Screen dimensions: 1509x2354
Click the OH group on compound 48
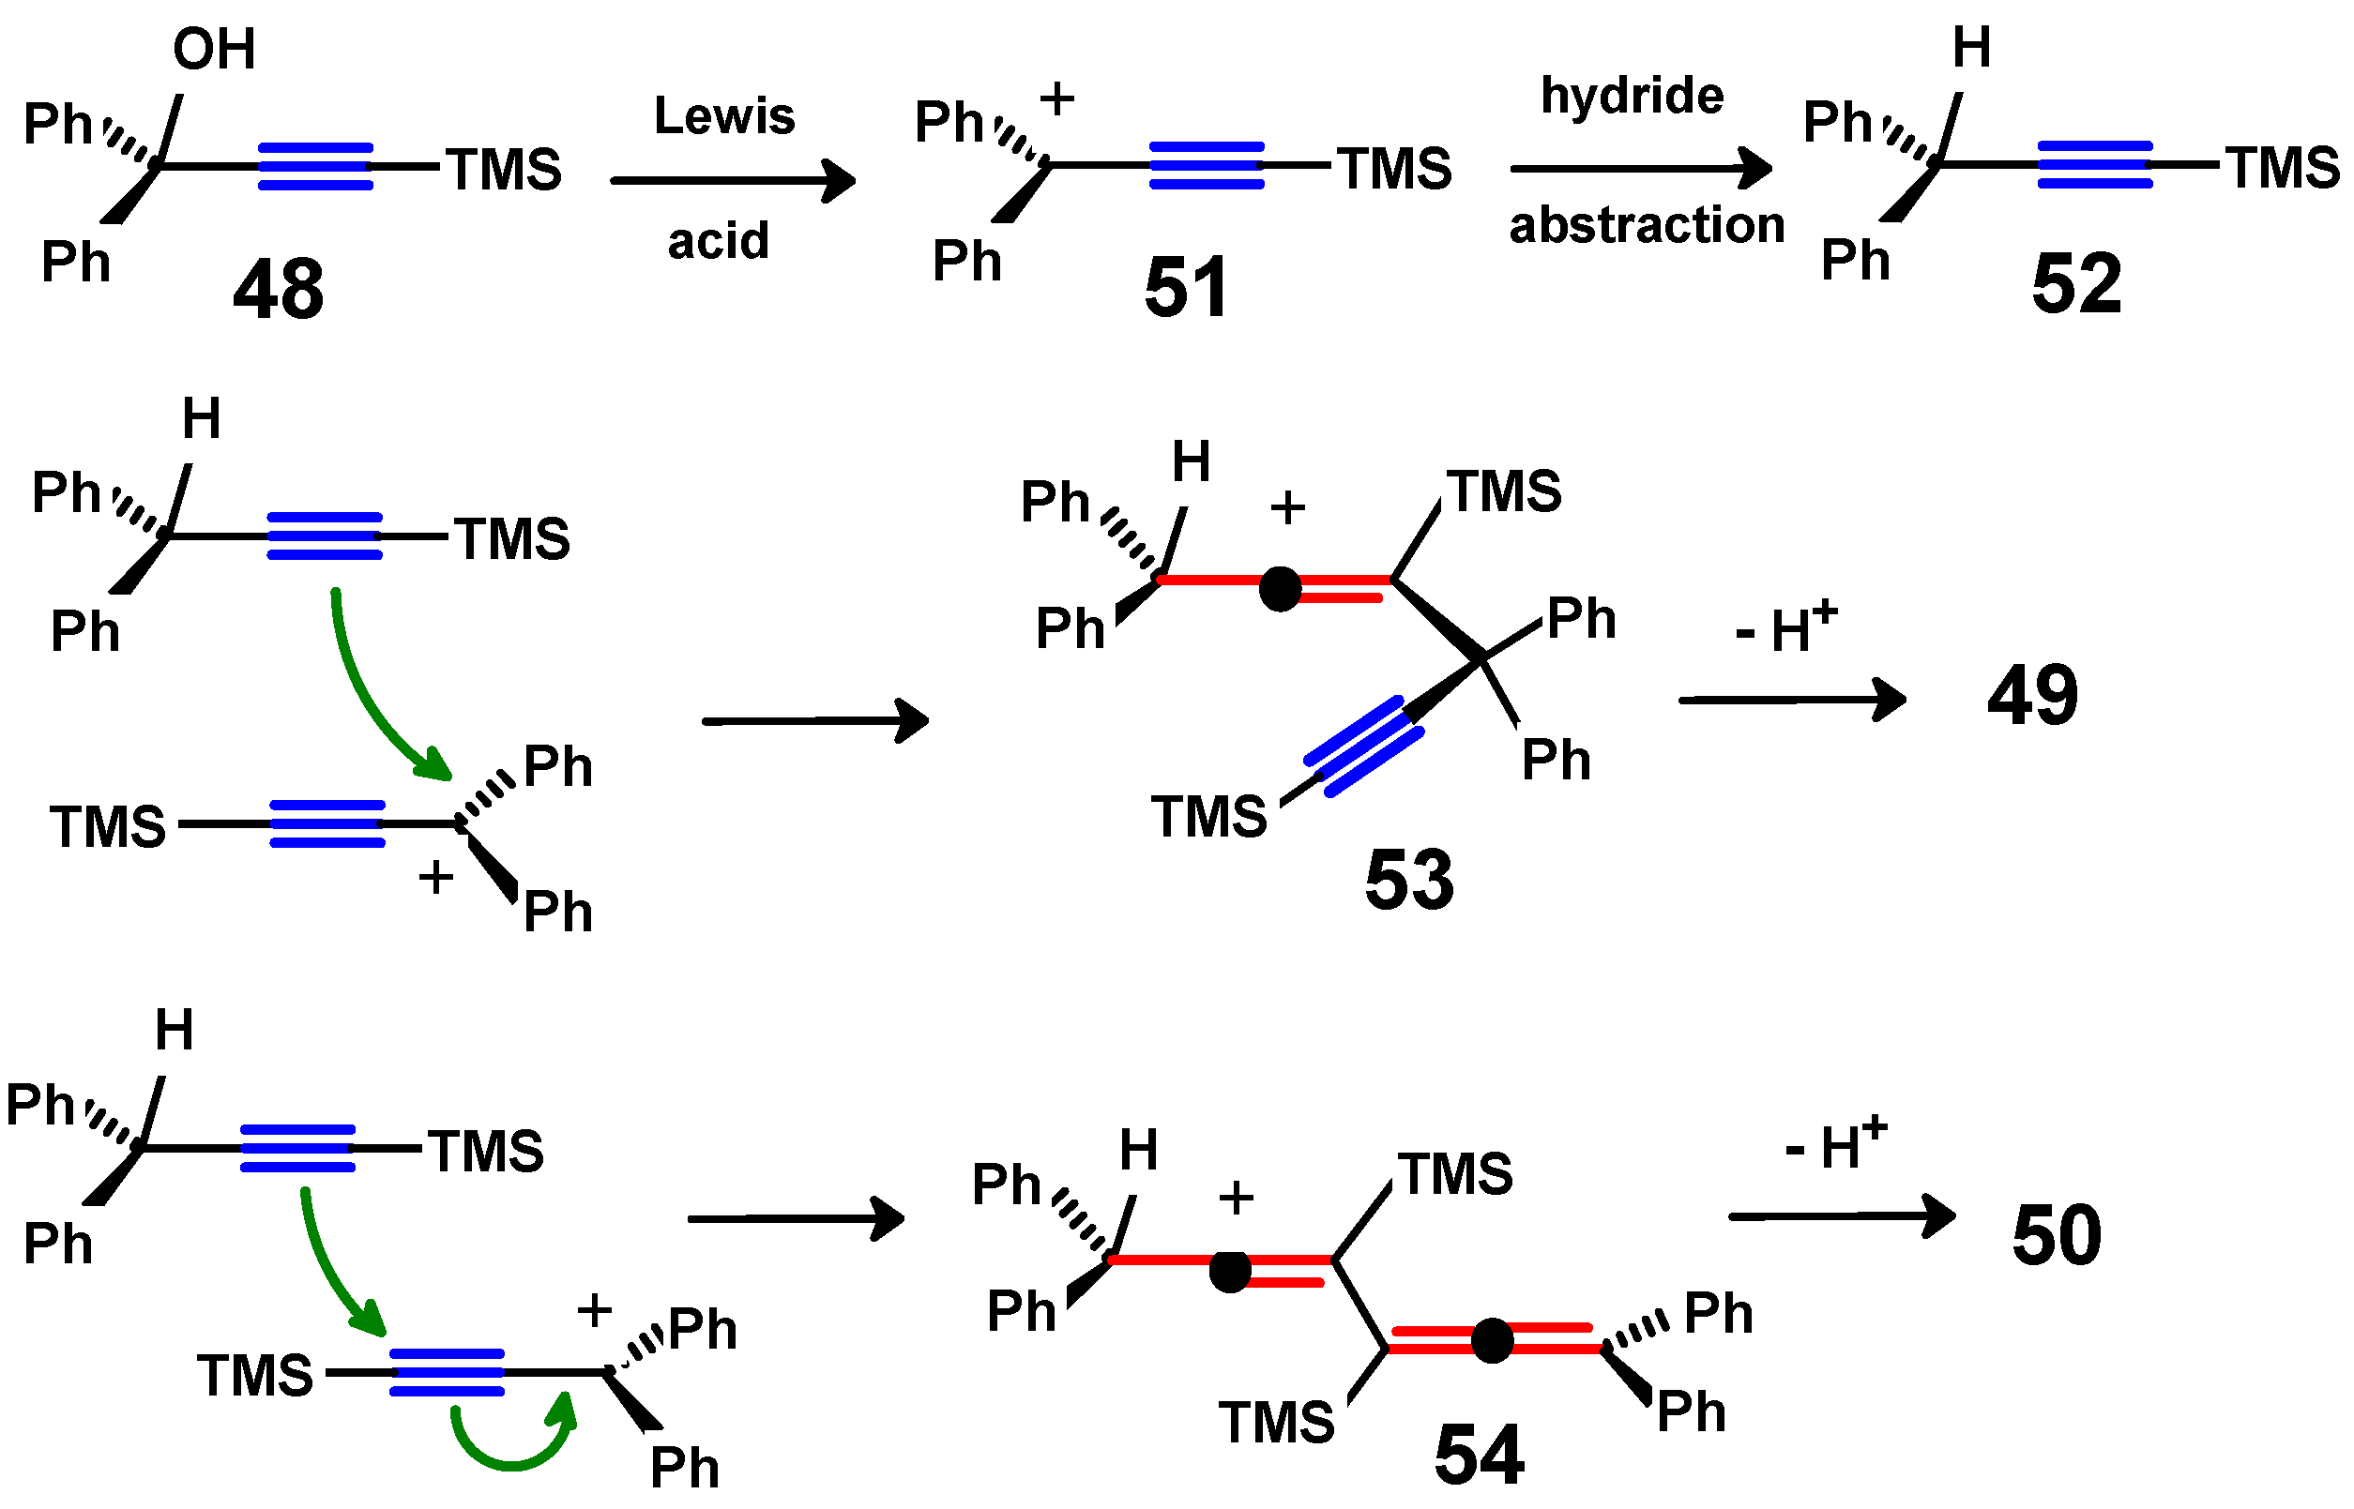(214, 49)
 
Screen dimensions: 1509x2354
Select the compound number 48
(278, 289)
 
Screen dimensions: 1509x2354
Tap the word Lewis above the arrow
(724, 116)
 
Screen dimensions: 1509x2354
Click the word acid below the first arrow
(719, 241)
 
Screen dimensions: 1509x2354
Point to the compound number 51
(1186, 288)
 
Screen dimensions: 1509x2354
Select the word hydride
(1632, 96)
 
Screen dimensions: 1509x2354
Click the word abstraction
(1647, 225)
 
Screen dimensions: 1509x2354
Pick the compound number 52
(2075, 285)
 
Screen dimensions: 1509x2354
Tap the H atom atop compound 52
(1971, 48)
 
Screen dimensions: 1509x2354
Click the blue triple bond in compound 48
(314, 167)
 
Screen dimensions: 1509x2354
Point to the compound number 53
(1408, 880)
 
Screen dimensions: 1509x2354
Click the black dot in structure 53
(1279, 590)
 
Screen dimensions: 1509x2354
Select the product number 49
(2032, 696)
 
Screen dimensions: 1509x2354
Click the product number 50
(2056, 1235)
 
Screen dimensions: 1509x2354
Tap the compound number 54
(1478, 1456)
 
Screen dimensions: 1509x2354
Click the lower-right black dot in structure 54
(1491, 1340)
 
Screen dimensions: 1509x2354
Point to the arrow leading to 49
(1790, 700)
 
